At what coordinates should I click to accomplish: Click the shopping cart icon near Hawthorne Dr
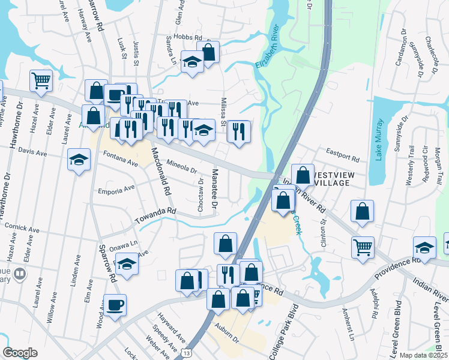tap(41, 80)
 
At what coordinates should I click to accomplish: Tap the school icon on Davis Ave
tap(79, 160)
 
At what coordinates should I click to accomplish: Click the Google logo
tap(20, 353)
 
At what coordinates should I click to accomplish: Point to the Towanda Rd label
tap(154, 212)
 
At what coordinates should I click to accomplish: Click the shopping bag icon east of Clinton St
tap(362, 211)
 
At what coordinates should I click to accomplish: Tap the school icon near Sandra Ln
tap(192, 62)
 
